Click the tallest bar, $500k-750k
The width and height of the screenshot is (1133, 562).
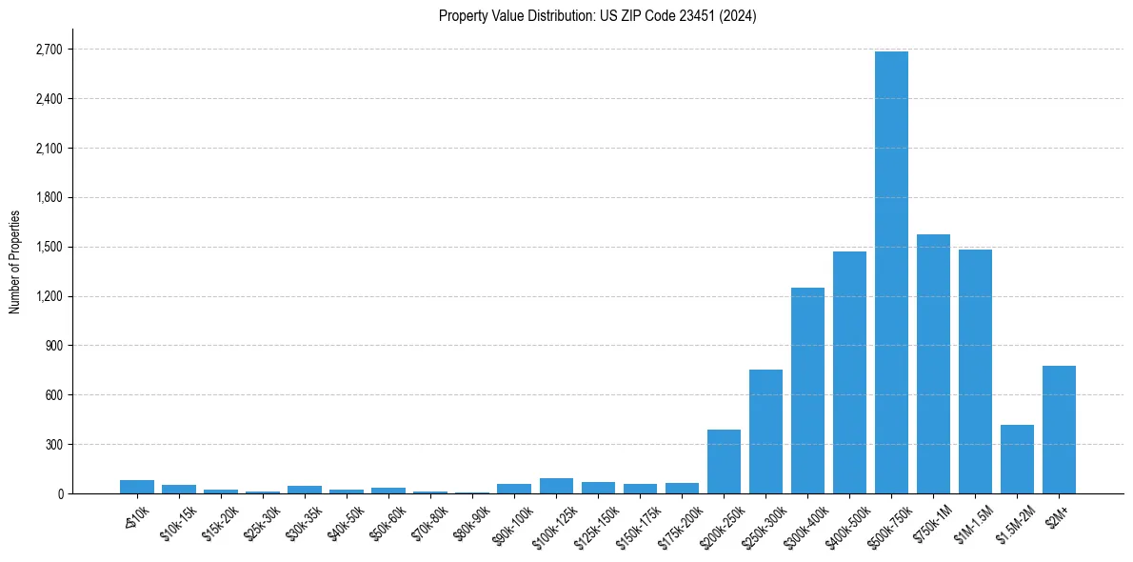[x=891, y=272]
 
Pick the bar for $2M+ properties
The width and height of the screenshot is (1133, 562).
[x=1059, y=430]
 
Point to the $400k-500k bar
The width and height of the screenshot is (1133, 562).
[x=849, y=372]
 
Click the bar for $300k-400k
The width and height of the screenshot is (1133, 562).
[x=807, y=391]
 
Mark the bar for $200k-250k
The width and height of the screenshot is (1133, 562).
[x=724, y=462]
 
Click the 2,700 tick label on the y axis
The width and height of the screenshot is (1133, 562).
[x=48, y=50]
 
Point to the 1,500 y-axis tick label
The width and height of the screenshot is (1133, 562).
[x=48, y=247]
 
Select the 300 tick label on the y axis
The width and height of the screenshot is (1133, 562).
[x=53, y=445]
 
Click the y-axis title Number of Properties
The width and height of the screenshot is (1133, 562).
[x=14, y=262]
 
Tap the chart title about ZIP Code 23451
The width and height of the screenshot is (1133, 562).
[x=597, y=15]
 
